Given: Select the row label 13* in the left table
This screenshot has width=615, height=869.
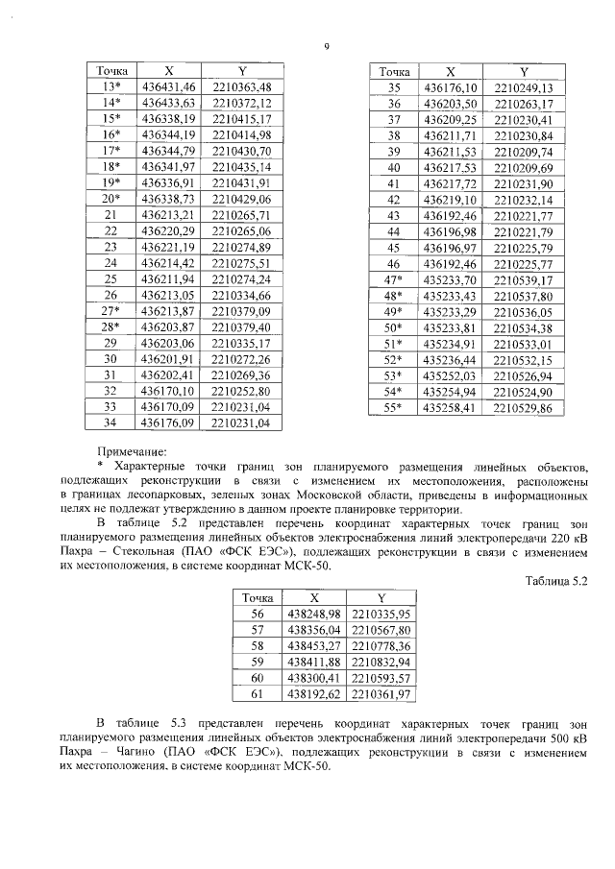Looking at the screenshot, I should [x=111, y=87].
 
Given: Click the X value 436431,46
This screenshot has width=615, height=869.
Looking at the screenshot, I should [x=168, y=87].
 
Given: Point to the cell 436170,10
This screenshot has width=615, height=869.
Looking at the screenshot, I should [x=168, y=391].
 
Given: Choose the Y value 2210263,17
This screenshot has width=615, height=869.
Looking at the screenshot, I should [x=523, y=103].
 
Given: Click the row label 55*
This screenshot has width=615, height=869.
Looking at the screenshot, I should [x=393, y=408].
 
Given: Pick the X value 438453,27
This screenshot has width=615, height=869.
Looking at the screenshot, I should [x=315, y=645].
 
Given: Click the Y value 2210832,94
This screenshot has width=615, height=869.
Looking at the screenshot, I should [x=381, y=662].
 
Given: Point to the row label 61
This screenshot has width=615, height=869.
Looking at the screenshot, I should [x=256, y=693].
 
